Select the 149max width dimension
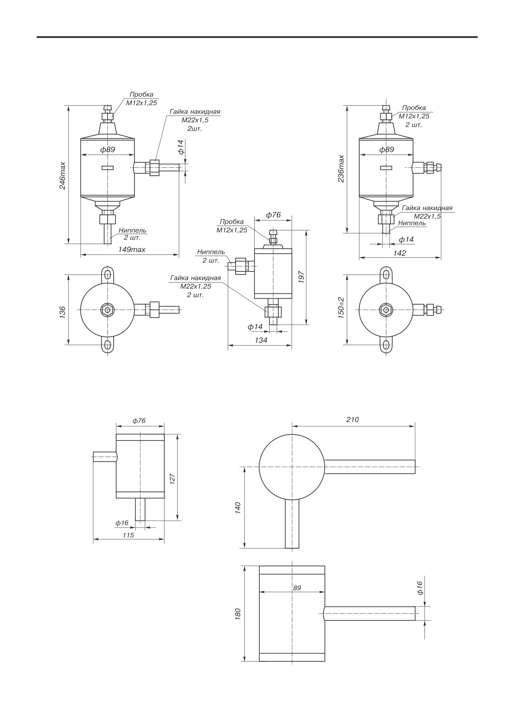pyautogui.click(x=132, y=249)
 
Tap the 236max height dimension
pyautogui.click(x=341, y=169)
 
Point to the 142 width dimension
pyautogui.click(x=400, y=253)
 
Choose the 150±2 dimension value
pyautogui.click(x=341, y=307)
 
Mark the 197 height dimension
pyautogui.click(x=302, y=277)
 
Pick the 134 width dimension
pyautogui.click(x=261, y=340)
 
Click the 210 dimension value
pyautogui.click(x=352, y=419)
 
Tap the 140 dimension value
pyautogui.click(x=238, y=508)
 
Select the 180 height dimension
pyautogui.click(x=238, y=613)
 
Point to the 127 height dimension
pyautogui.click(x=173, y=478)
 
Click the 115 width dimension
pyautogui.click(x=128, y=535)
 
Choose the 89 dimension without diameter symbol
pyautogui.click(x=297, y=588)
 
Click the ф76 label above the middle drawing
pyautogui.click(x=273, y=215)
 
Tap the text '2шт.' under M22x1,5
pyautogui.click(x=195, y=128)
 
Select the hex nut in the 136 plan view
pyautogui.click(x=107, y=310)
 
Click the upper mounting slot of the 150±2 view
pyautogui.click(x=386, y=274)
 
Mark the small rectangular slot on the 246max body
pyautogui.click(x=107, y=168)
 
